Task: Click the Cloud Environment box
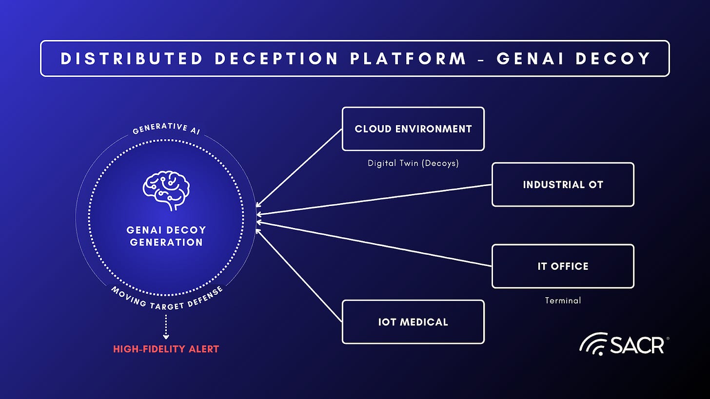tap(413, 129)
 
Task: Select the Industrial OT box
tap(563, 185)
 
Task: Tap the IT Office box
tap(563, 266)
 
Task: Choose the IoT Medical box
tap(413, 322)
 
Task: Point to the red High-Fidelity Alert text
tap(166, 349)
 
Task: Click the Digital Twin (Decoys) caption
tap(413, 163)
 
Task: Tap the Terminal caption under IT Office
tap(563, 301)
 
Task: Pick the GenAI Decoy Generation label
tap(166, 236)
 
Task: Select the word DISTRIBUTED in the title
tap(132, 58)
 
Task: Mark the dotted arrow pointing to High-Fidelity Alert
tap(166, 326)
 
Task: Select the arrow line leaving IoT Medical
tap(298, 276)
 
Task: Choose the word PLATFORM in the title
tap(409, 58)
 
